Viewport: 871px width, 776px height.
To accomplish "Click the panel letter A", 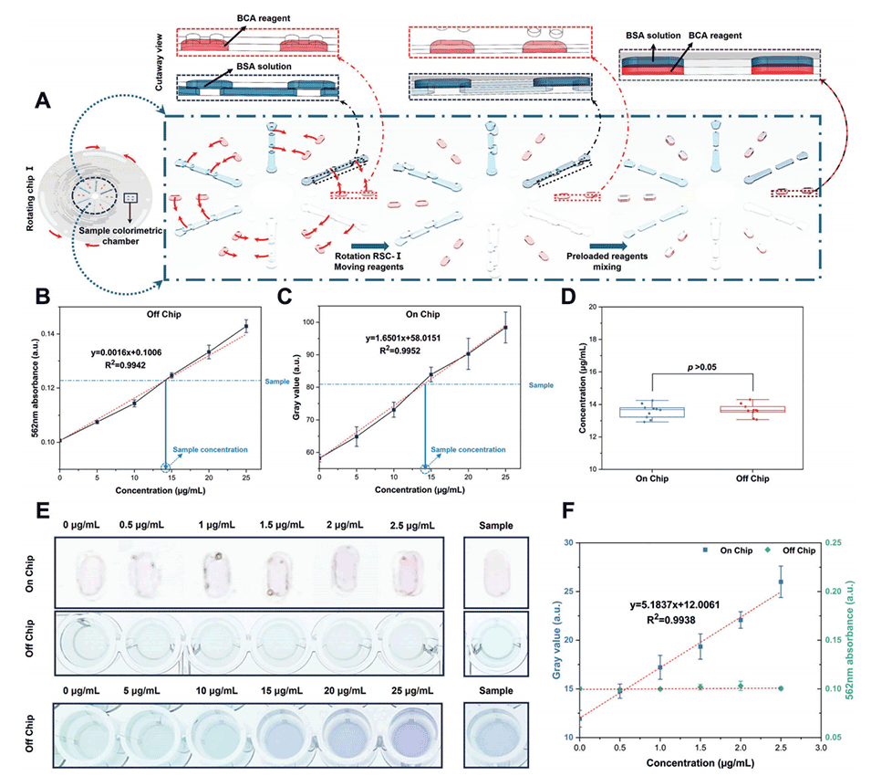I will (42, 103).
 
